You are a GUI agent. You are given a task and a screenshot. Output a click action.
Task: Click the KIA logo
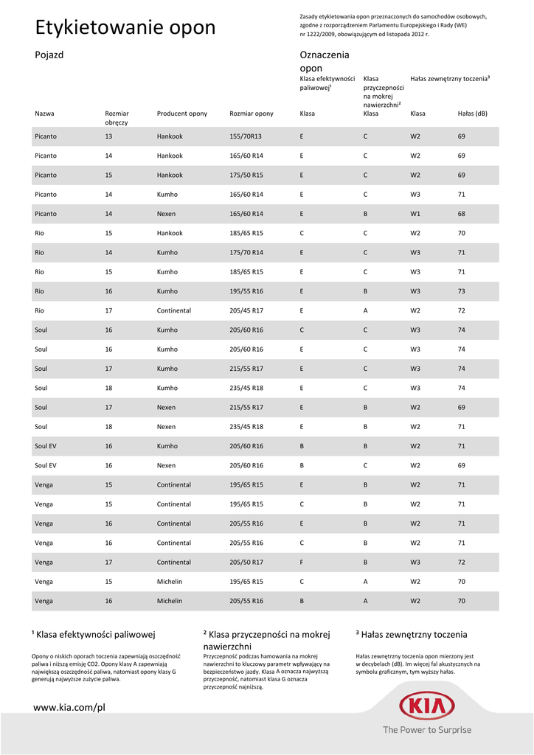pos(426,706)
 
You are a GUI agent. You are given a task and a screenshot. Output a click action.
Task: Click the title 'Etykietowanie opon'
pos(125,28)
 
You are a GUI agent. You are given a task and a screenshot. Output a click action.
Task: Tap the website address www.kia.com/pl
pos(70,707)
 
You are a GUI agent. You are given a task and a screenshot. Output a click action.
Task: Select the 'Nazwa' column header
pos(44,114)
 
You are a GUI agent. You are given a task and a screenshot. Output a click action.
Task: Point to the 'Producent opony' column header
pos(182,114)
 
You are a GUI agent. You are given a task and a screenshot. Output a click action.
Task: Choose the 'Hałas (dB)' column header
pos(473,114)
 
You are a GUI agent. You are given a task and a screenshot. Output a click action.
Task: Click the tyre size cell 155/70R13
pos(246,136)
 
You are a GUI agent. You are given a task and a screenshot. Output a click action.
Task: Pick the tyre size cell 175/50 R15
pos(246,175)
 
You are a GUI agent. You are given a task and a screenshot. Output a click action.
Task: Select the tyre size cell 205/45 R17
pos(246,310)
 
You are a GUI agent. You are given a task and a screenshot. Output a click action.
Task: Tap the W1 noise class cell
pos(415,214)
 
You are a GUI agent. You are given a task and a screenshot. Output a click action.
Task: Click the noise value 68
pos(462,214)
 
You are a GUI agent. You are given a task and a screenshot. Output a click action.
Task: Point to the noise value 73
pos(462,291)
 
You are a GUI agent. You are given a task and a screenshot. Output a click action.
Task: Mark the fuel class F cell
pos(302,562)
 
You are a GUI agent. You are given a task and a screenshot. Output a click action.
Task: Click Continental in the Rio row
pos(173,310)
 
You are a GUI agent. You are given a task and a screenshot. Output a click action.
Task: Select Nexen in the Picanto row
pos(166,214)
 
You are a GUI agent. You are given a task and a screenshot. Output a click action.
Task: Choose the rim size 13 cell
pos(108,136)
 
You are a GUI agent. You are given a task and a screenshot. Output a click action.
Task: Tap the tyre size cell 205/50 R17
pos(246,562)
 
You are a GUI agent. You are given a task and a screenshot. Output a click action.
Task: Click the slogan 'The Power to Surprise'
pos(426,730)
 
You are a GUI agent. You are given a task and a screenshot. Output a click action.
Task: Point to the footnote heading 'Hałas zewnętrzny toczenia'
pos(412,634)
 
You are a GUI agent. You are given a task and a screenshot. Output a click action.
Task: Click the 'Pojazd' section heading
pos(49,55)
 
